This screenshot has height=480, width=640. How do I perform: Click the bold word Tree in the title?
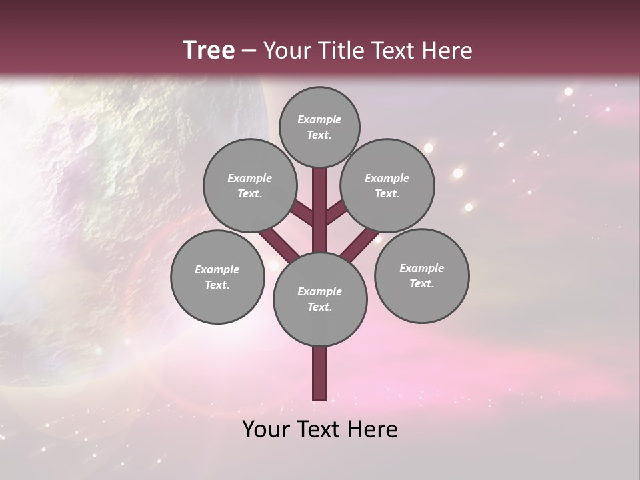click(208, 50)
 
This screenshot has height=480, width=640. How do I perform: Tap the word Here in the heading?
click(447, 51)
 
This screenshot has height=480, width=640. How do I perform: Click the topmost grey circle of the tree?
click(319, 127)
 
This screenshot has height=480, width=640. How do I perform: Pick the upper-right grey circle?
click(387, 185)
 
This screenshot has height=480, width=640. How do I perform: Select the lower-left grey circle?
click(217, 277)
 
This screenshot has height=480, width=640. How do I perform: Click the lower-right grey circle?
click(421, 275)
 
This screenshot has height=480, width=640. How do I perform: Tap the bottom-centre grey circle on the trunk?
click(320, 299)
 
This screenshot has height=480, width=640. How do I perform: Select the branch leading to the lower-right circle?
click(360, 243)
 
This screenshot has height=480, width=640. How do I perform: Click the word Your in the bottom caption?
click(267, 429)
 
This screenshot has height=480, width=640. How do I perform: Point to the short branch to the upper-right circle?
click(337, 213)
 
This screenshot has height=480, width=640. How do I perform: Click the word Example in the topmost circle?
click(319, 119)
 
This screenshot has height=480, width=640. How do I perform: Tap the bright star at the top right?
click(568, 91)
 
